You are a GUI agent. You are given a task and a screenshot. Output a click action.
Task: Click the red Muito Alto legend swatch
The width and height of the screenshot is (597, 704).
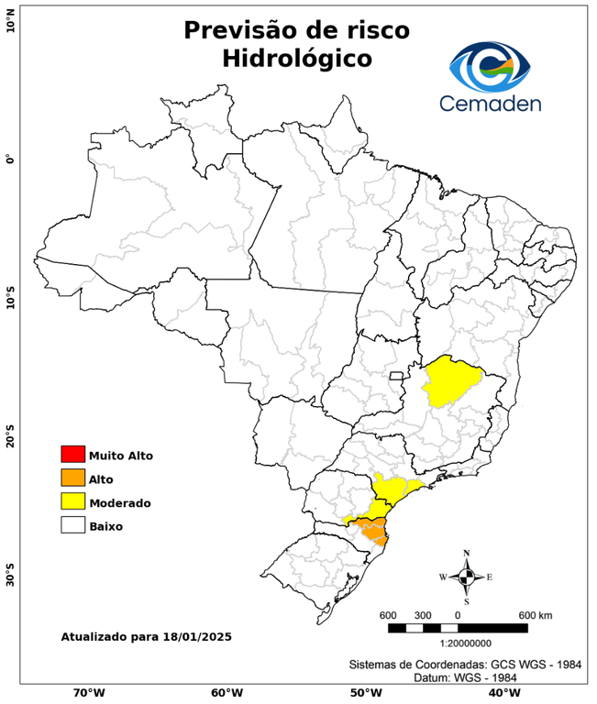(72, 455)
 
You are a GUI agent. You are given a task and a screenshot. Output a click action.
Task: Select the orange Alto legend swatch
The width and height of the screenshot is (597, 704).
(72, 478)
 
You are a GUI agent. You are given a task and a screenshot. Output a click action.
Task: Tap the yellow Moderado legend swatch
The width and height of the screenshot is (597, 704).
(72, 502)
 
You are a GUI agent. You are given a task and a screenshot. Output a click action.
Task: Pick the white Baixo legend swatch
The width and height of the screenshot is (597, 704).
(72, 526)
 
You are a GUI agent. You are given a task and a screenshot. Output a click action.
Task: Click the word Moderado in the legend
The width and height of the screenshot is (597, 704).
(119, 503)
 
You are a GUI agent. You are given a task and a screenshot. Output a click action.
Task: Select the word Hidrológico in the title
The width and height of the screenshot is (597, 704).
(296, 59)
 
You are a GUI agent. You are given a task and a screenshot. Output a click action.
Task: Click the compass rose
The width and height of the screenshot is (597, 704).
(466, 577)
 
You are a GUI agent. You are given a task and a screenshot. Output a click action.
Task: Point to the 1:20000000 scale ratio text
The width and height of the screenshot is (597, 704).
(452, 644)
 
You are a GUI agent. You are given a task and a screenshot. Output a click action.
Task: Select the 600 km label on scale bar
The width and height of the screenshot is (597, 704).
(536, 614)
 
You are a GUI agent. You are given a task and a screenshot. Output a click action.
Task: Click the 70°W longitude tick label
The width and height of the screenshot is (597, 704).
(88, 692)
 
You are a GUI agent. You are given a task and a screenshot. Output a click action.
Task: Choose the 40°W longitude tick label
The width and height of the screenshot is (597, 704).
(502, 692)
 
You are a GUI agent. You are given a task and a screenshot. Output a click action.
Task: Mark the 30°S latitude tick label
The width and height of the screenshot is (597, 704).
(10, 578)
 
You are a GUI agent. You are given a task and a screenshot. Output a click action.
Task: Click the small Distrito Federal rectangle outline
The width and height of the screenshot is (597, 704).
(397, 375)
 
